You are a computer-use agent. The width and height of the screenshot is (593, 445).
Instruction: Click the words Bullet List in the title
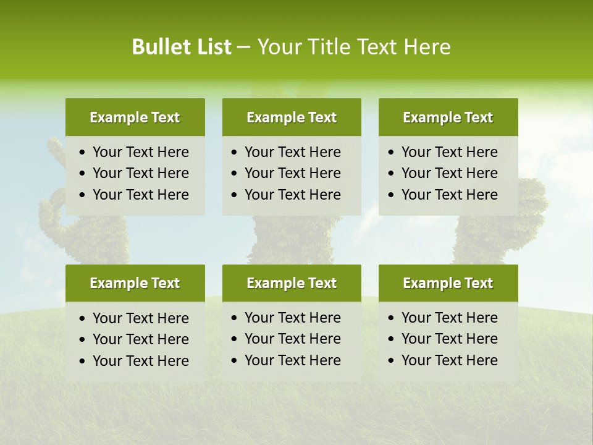tap(182, 47)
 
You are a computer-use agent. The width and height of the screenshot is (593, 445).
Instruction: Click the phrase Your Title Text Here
tap(353, 47)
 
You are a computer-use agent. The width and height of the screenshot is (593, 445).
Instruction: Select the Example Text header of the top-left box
tap(135, 117)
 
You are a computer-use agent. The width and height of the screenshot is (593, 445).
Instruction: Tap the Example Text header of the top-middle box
tap(292, 117)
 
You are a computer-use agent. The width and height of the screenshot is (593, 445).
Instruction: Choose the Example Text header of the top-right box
tap(448, 117)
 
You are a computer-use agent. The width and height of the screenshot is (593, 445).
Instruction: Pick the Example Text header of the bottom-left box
tap(135, 283)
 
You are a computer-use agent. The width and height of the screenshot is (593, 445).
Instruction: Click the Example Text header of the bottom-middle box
tap(292, 283)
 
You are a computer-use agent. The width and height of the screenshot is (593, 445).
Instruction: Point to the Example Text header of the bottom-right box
tap(448, 283)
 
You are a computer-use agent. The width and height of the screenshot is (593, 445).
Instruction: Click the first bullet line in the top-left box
tap(140, 152)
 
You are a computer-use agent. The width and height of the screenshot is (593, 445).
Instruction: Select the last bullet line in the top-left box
tap(140, 195)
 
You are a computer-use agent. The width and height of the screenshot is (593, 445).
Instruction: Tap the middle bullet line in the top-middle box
tap(292, 173)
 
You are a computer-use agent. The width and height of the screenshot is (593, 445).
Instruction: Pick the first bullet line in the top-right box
tap(449, 152)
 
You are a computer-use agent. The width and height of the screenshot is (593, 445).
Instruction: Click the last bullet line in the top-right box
tap(449, 195)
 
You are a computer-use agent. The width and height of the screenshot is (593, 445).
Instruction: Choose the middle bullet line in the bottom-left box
tap(140, 339)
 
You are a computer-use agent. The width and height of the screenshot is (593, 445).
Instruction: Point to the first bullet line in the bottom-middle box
tap(292, 318)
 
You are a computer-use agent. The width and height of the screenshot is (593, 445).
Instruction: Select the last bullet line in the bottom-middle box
tap(292, 360)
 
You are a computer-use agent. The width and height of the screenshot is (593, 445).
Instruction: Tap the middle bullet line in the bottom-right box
tap(449, 339)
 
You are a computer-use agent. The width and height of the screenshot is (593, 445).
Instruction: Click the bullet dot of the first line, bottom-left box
tap(83, 319)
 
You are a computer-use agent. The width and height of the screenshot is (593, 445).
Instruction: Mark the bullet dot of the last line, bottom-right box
tap(392, 361)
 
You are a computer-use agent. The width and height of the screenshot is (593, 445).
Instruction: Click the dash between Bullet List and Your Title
tap(244, 48)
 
